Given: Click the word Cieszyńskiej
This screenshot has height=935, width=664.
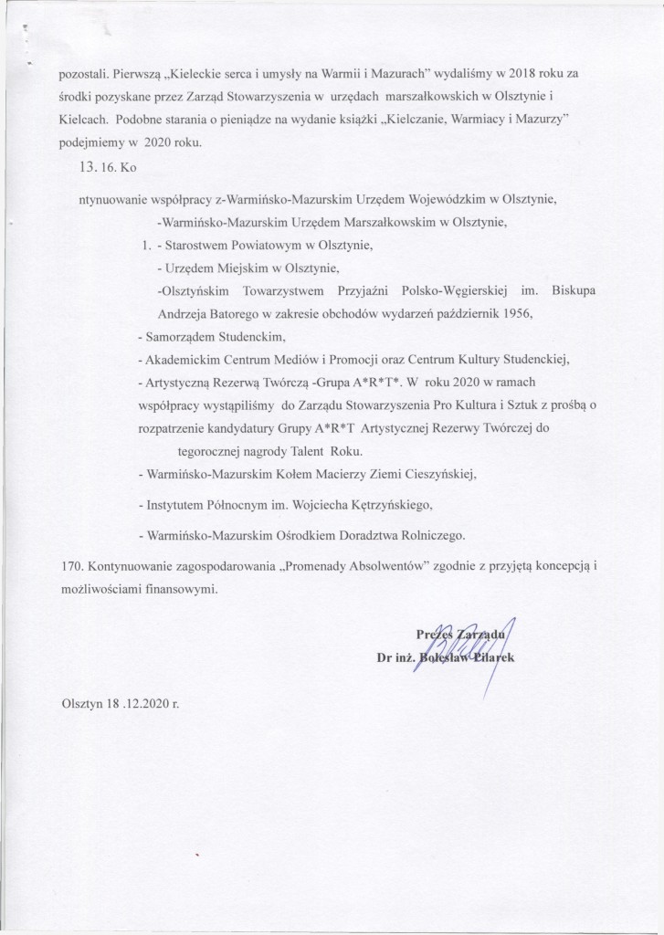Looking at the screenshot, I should [427, 475].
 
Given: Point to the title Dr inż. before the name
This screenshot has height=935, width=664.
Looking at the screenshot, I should [395, 656].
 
